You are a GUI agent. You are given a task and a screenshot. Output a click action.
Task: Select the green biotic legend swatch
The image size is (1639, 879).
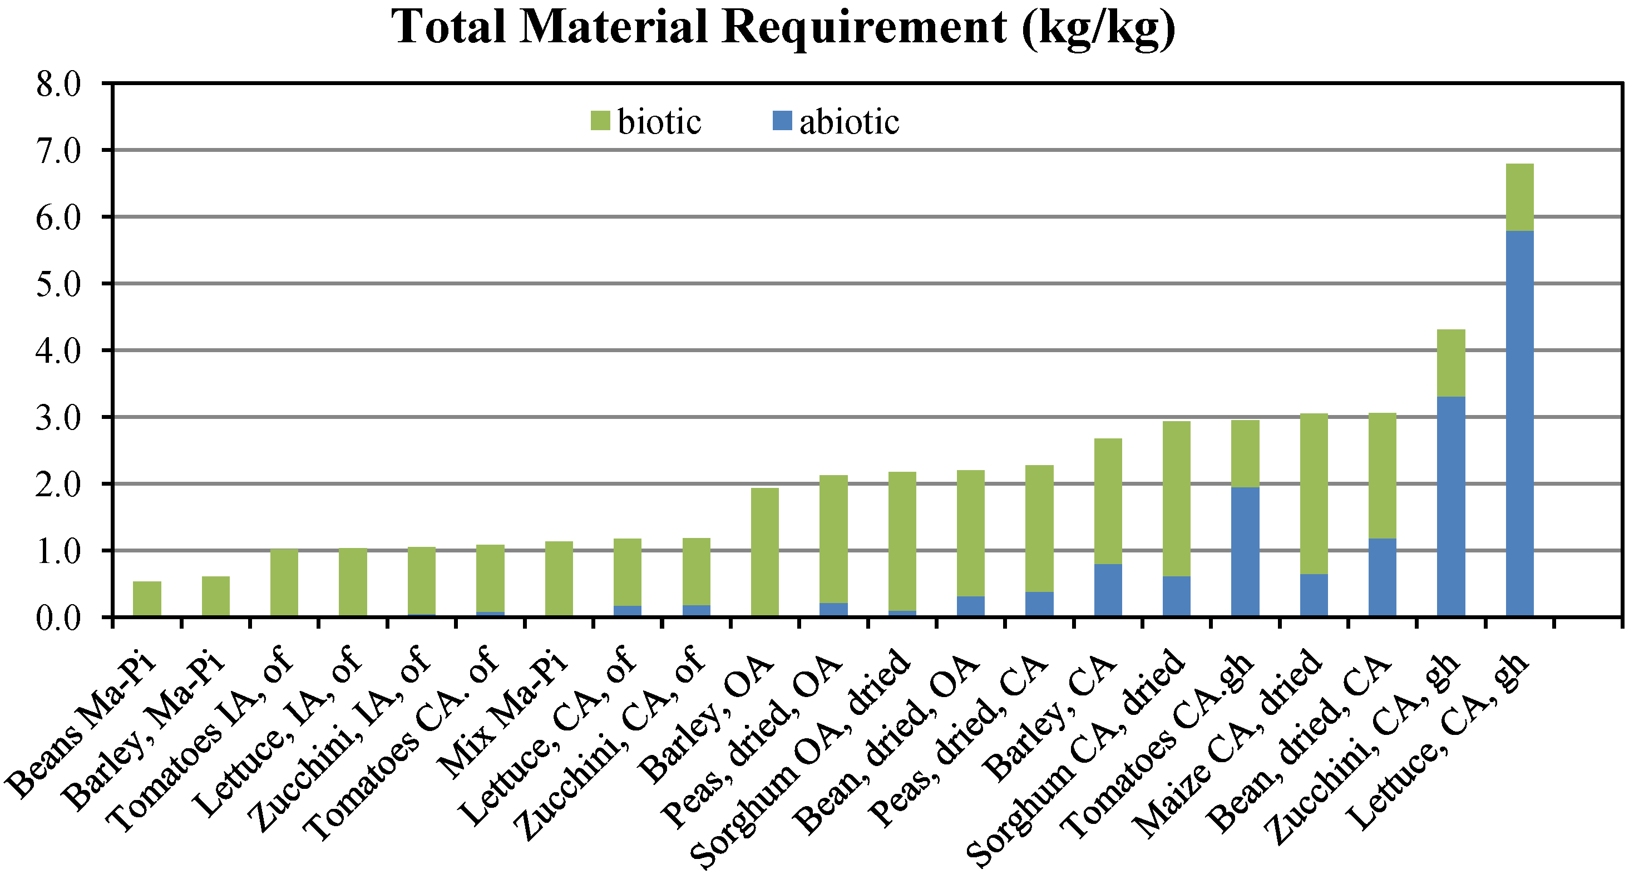tap(600, 121)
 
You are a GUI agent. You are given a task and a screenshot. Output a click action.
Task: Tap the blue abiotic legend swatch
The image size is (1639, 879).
tap(782, 121)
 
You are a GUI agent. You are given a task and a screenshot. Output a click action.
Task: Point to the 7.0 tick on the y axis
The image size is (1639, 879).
tap(58, 151)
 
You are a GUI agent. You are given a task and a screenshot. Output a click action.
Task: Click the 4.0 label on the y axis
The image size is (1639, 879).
tap(58, 351)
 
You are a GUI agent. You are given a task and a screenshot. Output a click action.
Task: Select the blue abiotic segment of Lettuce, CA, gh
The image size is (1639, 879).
tap(1519, 423)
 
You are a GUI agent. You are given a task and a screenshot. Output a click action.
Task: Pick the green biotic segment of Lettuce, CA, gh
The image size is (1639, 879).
tap(1519, 197)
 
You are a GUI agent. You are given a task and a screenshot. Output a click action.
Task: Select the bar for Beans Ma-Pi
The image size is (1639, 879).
tap(147, 599)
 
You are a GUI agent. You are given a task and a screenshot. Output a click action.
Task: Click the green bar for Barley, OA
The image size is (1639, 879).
tap(765, 551)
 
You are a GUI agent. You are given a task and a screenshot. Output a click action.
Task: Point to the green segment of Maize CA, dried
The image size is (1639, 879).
tap(1314, 493)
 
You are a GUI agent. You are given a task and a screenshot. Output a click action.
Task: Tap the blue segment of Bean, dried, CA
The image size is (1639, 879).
tap(1383, 577)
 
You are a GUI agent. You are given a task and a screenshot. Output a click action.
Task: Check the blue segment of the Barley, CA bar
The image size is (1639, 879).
tap(1108, 590)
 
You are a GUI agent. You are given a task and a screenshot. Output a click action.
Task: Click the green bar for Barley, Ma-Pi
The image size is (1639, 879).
tap(216, 596)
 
